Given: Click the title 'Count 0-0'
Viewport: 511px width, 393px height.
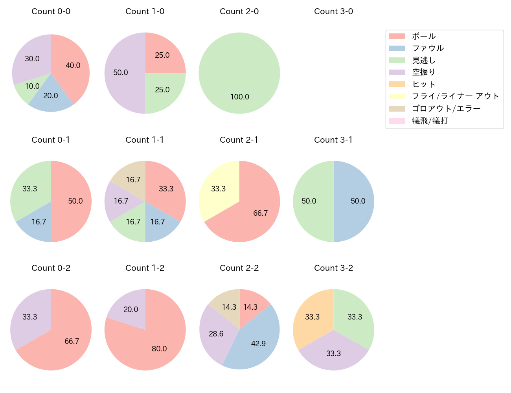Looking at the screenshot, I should click(x=51, y=11).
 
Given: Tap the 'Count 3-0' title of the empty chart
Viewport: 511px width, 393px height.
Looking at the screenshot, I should click(x=333, y=11).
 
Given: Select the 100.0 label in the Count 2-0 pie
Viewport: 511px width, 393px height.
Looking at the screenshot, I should click(x=239, y=97).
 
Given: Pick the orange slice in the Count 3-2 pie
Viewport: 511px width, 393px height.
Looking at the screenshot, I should click(x=312, y=316).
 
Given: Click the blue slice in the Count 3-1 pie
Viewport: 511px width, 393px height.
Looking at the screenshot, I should click(x=356, y=201).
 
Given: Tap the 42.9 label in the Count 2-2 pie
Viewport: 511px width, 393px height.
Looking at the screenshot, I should click(x=258, y=343).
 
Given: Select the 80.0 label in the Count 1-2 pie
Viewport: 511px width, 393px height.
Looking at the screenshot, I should click(x=159, y=349).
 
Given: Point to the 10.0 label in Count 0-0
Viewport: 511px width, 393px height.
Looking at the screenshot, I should click(x=32, y=86).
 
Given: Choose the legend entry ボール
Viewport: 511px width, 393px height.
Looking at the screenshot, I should click(x=424, y=36).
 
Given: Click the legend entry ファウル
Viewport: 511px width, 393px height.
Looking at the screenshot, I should click(x=428, y=48).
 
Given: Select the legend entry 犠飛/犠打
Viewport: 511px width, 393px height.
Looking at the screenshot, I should click(x=430, y=121).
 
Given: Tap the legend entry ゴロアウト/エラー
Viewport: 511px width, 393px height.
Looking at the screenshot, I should click(x=446, y=108).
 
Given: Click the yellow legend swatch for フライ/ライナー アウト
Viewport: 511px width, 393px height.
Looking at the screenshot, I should click(x=397, y=96).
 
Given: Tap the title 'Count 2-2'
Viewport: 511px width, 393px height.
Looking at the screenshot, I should click(x=239, y=268).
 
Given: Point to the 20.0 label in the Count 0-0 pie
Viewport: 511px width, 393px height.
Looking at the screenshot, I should click(x=50, y=95).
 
